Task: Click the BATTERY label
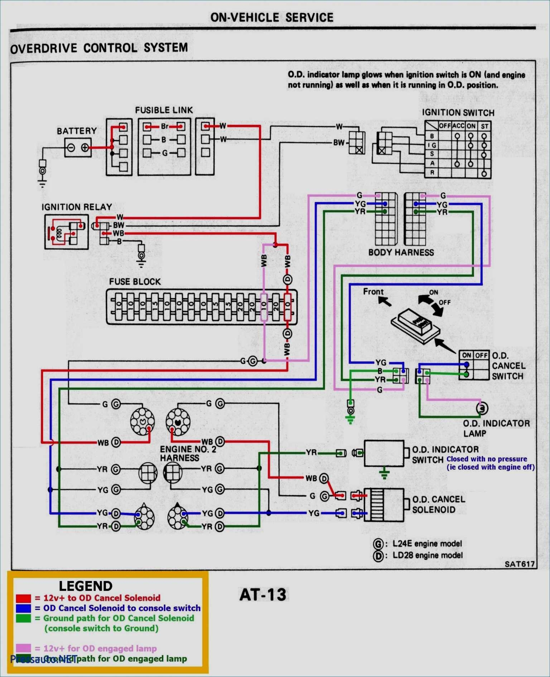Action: point(77,131)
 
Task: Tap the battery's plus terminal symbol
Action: point(85,147)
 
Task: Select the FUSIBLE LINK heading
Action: point(164,110)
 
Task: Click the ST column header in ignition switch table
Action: point(484,126)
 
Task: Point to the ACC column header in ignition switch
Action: point(458,126)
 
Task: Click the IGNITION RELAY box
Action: point(66,232)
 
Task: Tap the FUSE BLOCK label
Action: point(135,282)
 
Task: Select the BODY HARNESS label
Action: point(401,252)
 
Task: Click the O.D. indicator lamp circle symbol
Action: point(482,408)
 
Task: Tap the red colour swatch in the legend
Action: point(23,598)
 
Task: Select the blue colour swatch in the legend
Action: point(23,608)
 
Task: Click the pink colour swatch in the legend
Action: point(23,648)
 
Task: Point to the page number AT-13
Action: point(263,595)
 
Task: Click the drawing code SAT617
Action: point(519,564)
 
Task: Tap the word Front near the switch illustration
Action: point(373,292)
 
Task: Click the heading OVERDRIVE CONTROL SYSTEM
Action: point(99,48)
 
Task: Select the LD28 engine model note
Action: point(427,555)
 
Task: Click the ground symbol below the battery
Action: point(42,185)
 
